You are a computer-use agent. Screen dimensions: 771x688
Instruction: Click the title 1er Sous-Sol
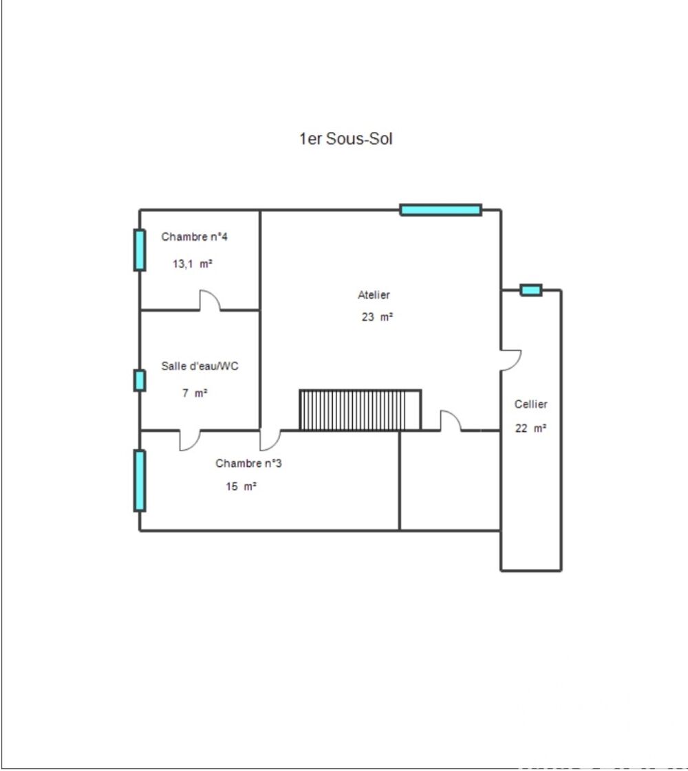click(345, 139)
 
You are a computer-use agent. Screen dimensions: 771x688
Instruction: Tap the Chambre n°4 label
click(195, 237)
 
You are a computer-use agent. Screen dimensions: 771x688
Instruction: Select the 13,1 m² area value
click(192, 263)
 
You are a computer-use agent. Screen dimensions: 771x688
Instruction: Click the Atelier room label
click(374, 295)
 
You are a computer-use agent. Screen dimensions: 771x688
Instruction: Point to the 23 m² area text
click(377, 318)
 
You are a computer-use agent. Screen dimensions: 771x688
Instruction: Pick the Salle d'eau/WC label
click(200, 367)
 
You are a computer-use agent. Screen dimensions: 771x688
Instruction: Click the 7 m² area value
click(195, 393)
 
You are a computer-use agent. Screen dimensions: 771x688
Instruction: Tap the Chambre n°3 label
click(248, 464)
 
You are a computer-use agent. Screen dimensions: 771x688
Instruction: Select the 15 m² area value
click(241, 487)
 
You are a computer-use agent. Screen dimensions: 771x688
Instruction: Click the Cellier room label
click(531, 404)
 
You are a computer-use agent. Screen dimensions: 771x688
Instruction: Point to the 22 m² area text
click(531, 428)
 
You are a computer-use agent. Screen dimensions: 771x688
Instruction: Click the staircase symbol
click(360, 410)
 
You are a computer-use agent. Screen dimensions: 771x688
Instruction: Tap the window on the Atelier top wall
click(440, 210)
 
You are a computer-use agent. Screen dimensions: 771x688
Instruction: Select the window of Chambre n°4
click(140, 250)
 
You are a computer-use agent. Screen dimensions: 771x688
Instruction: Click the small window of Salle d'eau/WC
click(140, 380)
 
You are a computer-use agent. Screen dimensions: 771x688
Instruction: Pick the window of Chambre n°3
click(140, 481)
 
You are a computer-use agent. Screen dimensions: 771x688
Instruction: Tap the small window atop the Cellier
click(530, 290)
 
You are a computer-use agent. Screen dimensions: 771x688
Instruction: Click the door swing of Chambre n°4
click(210, 301)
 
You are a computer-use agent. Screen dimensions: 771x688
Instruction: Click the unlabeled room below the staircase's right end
click(450, 481)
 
